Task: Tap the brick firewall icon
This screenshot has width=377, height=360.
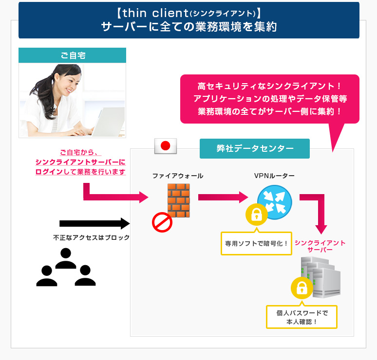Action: click(178, 199)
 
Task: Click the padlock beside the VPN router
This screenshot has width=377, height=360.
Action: click(256, 215)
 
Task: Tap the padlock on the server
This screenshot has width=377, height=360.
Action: click(302, 288)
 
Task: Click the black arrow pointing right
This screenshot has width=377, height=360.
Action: click(94, 223)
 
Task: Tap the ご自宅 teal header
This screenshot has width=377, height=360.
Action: click(72, 55)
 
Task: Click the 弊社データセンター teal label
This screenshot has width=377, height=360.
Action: click(255, 148)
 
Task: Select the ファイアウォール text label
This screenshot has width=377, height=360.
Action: click(178, 176)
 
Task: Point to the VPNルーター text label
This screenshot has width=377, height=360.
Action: click(274, 176)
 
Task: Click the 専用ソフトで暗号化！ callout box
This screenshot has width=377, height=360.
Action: click(256, 243)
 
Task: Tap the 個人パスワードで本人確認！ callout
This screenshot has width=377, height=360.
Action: click(302, 317)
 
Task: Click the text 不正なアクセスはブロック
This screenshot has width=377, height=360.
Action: click(92, 238)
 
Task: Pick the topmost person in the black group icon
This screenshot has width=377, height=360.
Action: click(65, 258)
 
